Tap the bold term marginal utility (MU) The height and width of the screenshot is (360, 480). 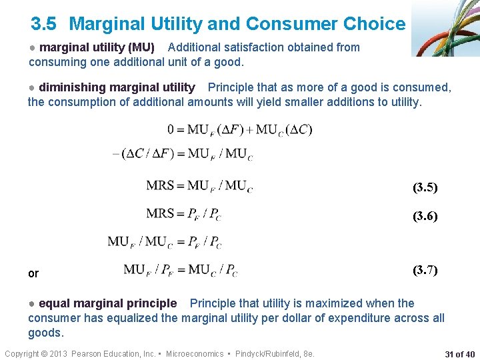click(97, 47)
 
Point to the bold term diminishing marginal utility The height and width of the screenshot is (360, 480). click(117, 87)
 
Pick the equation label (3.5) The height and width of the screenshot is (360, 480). click(425, 187)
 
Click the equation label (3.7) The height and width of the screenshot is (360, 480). click(425, 270)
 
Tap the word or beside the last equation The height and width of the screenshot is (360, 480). click(33, 273)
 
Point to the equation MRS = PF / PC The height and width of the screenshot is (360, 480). click(183, 214)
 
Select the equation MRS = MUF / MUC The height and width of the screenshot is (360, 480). click(199, 186)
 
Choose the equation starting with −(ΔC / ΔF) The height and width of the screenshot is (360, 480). click(183, 155)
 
